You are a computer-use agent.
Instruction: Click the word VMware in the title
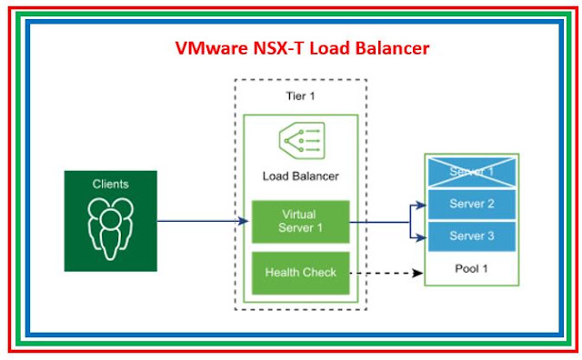click(212, 48)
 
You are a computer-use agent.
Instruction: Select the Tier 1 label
click(300, 96)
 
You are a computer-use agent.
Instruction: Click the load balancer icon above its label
click(302, 141)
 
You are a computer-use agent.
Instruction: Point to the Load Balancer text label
click(301, 176)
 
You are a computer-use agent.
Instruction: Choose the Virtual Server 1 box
click(301, 222)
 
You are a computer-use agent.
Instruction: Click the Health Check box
click(301, 273)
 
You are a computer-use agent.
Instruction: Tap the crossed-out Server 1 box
click(472, 172)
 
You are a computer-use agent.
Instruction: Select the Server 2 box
click(472, 204)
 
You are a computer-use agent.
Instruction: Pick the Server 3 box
click(472, 236)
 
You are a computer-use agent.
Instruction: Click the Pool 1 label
click(471, 269)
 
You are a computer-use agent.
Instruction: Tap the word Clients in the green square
click(111, 184)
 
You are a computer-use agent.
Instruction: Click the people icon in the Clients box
click(111, 228)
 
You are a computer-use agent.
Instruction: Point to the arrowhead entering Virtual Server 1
click(244, 222)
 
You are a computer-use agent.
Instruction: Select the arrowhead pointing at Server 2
click(421, 205)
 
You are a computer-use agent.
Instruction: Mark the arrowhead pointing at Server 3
click(421, 237)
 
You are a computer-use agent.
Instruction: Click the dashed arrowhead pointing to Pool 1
click(418, 273)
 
